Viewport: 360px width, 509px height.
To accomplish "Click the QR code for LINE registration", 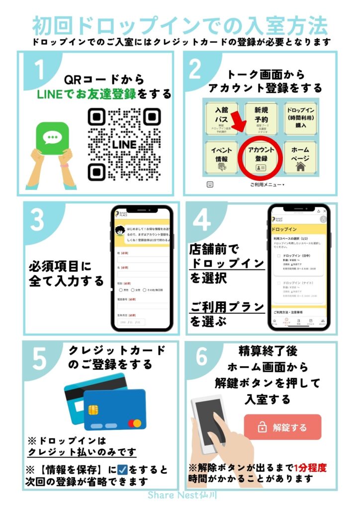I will [x=124, y=144].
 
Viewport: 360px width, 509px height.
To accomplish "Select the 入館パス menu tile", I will [x=221, y=118].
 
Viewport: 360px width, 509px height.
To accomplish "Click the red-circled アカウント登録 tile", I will [x=261, y=157].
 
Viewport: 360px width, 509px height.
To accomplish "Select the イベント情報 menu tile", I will [x=221, y=158].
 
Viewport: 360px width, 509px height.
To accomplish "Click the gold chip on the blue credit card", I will [x=92, y=408].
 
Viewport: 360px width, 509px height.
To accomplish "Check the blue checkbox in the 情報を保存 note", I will [x=120, y=469].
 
